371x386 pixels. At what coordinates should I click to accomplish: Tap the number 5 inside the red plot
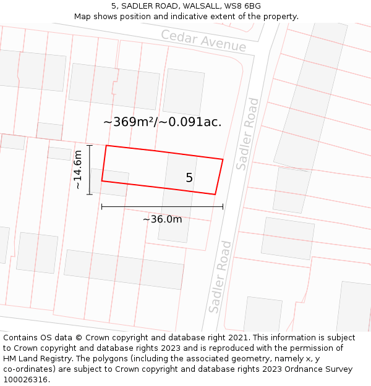(x=189, y=178)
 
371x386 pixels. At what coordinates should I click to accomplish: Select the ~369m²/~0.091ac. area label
(x=162, y=122)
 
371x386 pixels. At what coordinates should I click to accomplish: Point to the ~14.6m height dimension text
(x=78, y=170)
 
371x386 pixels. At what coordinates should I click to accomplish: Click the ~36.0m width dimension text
(x=163, y=219)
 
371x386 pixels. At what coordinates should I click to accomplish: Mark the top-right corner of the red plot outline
(x=223, y=159)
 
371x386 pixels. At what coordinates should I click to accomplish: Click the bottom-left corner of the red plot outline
(x=102, y=181)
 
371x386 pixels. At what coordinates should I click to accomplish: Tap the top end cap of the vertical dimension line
(x=90, y=146)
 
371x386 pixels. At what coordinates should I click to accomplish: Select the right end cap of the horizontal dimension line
(x=223, y=207)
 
